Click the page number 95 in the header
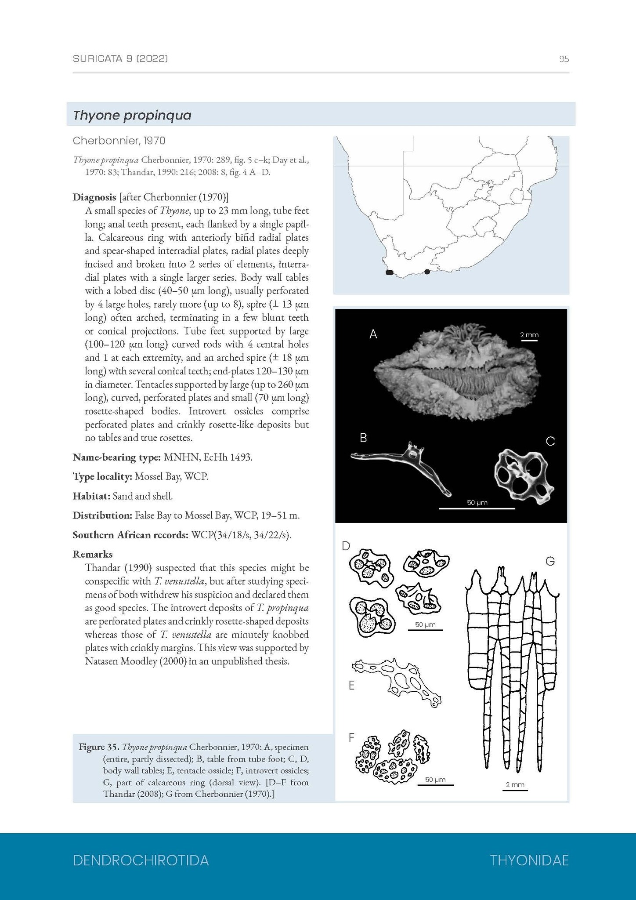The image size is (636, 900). tap(564, 59)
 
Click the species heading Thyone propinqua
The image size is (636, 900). tap(132, 115)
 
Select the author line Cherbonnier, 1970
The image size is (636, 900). tap(119, 141)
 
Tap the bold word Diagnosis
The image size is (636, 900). tap(94, 197)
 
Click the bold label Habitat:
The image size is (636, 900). tap(91, 496)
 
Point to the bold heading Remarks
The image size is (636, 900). tap(93, 554)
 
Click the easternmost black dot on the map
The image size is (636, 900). tap(427, 272)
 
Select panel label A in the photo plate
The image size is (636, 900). tap(373, 334)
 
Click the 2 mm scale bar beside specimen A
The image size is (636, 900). tap(529, 340)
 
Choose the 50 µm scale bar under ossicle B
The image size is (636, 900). tap(477, 508)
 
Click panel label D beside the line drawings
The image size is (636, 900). tap(346, 546)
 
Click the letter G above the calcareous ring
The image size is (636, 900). tap(550, 561)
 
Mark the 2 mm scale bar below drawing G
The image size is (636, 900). tap(515, 790)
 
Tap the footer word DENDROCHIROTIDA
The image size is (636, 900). tap(141, 860)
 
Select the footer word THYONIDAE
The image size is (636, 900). tap(529, 860)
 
